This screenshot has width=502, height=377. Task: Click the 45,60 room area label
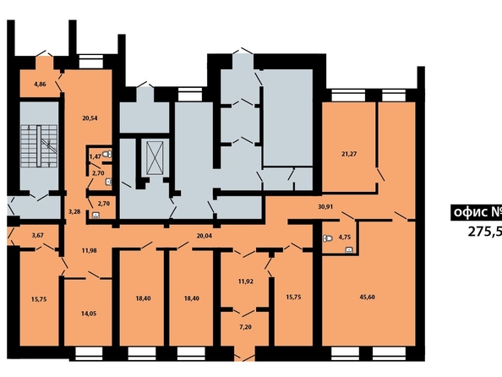pos(368,297)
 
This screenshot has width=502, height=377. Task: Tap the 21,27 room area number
pos(349,154)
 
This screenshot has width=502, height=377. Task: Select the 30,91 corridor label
pos(325,206)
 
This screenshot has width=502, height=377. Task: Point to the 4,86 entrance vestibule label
pos(40,85)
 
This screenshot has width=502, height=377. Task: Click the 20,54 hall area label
pos(90,118)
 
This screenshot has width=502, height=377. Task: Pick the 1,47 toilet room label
pos(95,156)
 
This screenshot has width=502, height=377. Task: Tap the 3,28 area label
pos(74,211)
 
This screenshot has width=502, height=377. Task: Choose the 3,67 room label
pos(38,236)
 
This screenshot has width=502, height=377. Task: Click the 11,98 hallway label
pos(89,250)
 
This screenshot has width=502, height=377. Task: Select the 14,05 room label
pos(89,314)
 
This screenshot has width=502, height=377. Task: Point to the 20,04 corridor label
pos(205,236)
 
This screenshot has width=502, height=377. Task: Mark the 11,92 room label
pos(246,281)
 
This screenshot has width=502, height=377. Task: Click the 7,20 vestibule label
pos(246,327)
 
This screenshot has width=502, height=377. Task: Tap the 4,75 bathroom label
pos(345,238)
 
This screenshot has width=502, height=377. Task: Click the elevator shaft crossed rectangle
pos(155,158)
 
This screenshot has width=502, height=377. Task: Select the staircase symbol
pos(39,146)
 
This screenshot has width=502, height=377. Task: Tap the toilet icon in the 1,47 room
pos(108,154)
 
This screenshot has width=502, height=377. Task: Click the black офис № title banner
pos(476,212)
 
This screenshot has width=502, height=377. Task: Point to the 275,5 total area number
pos(485,232)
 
